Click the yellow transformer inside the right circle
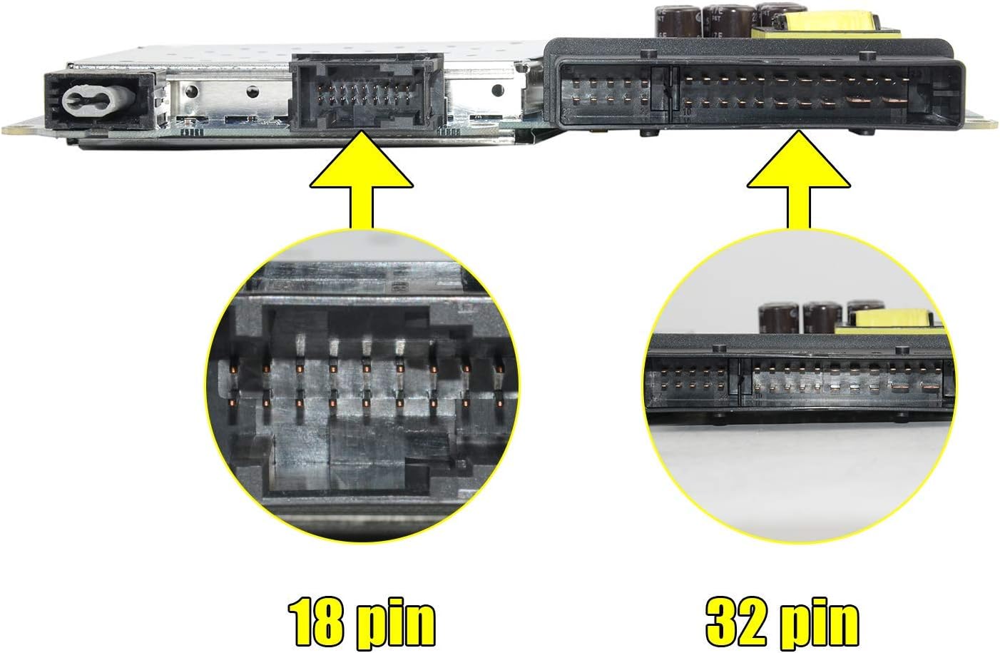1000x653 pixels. click(892, 318)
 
